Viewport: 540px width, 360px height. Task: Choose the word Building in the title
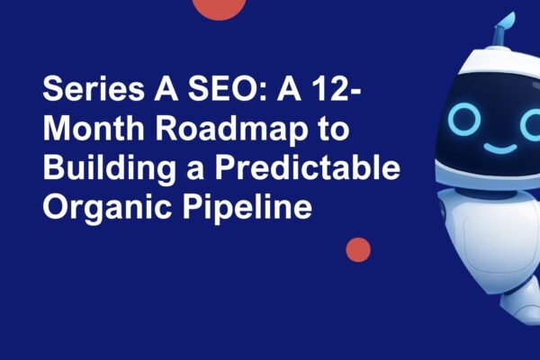tap(102, 168)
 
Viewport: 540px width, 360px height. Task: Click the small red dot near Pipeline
tap(358, 249)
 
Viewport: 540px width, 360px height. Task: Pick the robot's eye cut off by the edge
tap(533, 121)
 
